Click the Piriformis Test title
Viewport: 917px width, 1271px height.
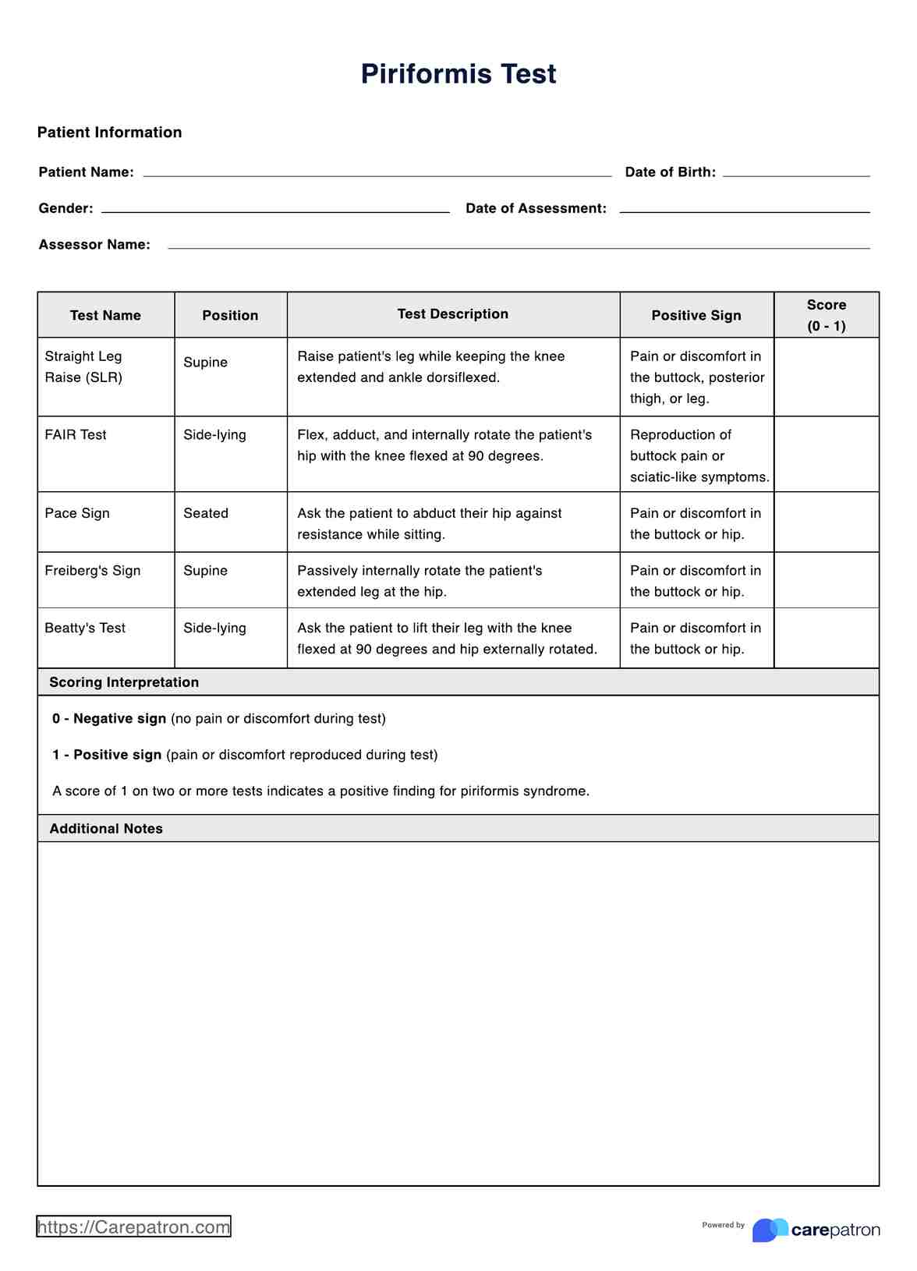click(x=458, y=74)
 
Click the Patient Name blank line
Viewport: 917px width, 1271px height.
click(x=377, y=173)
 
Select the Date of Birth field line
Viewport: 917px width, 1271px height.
click(x=796, y=173)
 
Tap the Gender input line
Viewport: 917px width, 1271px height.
click(x=275, y=209)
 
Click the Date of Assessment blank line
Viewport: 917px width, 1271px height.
click(x=745, y=209)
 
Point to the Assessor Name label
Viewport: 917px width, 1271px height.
click(x=94, y=245)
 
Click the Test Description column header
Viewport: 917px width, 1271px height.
click(x=453, y=314)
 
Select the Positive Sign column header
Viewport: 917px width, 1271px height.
click(x=696, y=316)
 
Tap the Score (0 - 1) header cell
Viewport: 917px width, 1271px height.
click(x=827, y=316)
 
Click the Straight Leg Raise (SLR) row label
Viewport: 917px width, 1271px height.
click(x=83, y=366)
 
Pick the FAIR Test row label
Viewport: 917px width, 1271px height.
click(x=76, y=435)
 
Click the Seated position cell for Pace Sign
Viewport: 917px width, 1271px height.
click(x=206, y=513)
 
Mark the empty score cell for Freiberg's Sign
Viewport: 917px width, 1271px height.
click(x=827, y=580)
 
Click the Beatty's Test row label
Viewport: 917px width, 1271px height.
click(x=85, y=628)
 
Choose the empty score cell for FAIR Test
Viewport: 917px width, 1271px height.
click(x=827, y=454)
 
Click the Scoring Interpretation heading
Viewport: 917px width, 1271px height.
click(x=124, y=682)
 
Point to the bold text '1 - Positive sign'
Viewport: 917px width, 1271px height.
click(x=107, y=755)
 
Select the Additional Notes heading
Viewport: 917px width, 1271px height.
click(x=106, y=829)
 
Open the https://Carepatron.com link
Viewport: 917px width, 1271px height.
click(x=133, y=1227)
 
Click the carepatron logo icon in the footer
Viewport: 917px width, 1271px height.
click(x=770, y=1230)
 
